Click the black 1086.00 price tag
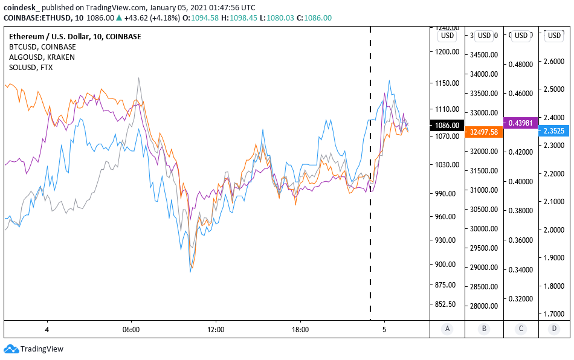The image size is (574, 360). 446,126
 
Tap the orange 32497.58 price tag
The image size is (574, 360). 484,132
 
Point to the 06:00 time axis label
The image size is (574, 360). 131,330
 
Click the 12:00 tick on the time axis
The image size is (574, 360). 216,330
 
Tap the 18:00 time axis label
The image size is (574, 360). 300,330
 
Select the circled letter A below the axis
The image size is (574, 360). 447,329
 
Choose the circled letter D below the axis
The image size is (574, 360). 555,329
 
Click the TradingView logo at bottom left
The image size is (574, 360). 34,349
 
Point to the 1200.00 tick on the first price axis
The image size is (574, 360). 447,52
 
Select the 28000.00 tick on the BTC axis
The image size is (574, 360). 483,306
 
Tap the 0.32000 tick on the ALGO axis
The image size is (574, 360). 520,298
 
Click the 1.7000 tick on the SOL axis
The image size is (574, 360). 555,314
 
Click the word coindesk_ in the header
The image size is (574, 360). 21,8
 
